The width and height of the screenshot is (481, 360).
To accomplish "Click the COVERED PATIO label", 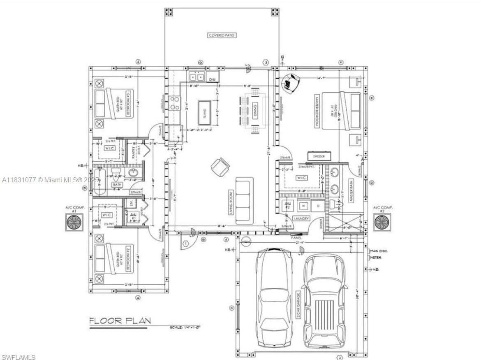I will (222, 35).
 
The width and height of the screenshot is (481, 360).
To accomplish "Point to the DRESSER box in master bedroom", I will (319, 156).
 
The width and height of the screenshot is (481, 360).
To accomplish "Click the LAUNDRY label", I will (301, 218).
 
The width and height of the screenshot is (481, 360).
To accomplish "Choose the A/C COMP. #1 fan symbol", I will (74, 223).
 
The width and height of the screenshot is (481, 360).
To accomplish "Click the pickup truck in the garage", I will (324, 300).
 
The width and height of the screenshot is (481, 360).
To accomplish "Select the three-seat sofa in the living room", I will (244, 200).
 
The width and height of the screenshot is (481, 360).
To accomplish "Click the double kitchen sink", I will (197, 77).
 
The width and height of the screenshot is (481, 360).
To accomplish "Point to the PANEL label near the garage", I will (296, 238).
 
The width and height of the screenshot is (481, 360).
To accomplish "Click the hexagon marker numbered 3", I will (266, 63).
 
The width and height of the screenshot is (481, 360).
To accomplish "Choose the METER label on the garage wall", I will (375, 258).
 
